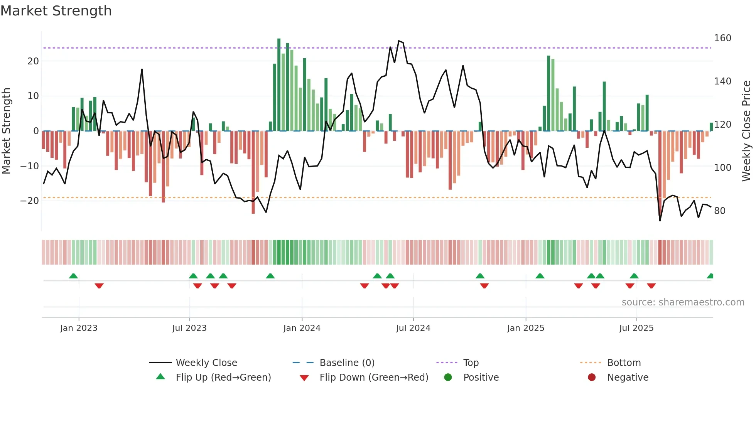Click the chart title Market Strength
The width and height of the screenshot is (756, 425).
(56, 11)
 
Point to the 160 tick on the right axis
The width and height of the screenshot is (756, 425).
(722, 38)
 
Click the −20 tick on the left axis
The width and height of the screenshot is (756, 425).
(30, 201)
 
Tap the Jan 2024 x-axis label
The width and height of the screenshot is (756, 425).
(302, 328)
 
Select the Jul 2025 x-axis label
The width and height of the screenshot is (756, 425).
(636, 328)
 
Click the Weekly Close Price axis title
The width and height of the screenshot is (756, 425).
(746, 131)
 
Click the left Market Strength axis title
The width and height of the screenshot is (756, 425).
(6, 131)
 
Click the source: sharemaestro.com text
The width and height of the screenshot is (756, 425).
(683, 302)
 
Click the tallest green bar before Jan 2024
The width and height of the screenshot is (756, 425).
(279, 85)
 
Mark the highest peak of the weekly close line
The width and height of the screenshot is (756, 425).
(399, 41)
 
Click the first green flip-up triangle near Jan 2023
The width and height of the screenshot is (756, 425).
(73, 276)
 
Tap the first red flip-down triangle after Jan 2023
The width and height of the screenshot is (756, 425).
(99, 286)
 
